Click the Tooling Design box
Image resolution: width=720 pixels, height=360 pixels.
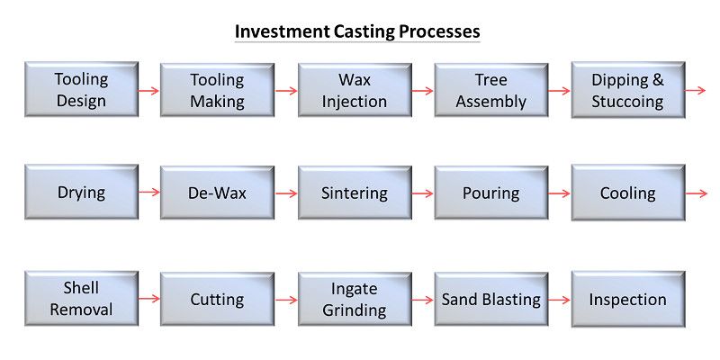[x=81, y=89]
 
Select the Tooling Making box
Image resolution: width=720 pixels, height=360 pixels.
[x=217, y=90]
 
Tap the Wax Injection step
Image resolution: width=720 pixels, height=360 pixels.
[x=355, y=90]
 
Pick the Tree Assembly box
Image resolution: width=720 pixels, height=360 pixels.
[x=490, y=90]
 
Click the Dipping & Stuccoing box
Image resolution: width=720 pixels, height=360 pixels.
[x=628, y=90]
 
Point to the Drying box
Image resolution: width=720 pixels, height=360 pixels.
[x=81, y=192]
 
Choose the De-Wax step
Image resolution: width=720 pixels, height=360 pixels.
[x=217, y=193]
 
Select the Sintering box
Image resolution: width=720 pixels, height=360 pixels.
[x=355, y=193]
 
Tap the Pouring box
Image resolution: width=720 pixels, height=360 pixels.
[x=490, y=193]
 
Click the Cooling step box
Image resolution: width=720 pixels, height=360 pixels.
[x=628, y=193]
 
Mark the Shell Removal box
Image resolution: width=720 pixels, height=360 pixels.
[x=81, y=299]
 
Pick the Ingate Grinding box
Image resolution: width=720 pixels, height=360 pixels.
[x=355, y=300]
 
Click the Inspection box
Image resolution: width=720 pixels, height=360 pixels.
[x=628, y=300]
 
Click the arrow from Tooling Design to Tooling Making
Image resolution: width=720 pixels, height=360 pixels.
[x=148, y=91]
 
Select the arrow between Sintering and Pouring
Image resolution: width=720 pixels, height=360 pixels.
[x=422, y=193]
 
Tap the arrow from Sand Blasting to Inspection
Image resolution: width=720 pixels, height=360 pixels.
[x=559, y=301]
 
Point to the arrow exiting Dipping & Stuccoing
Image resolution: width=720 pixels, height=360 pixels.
[x=695, y=91]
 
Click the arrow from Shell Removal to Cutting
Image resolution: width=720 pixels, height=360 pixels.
[x=148, y=299]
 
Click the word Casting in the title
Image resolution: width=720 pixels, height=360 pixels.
[x=364, y=31]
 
